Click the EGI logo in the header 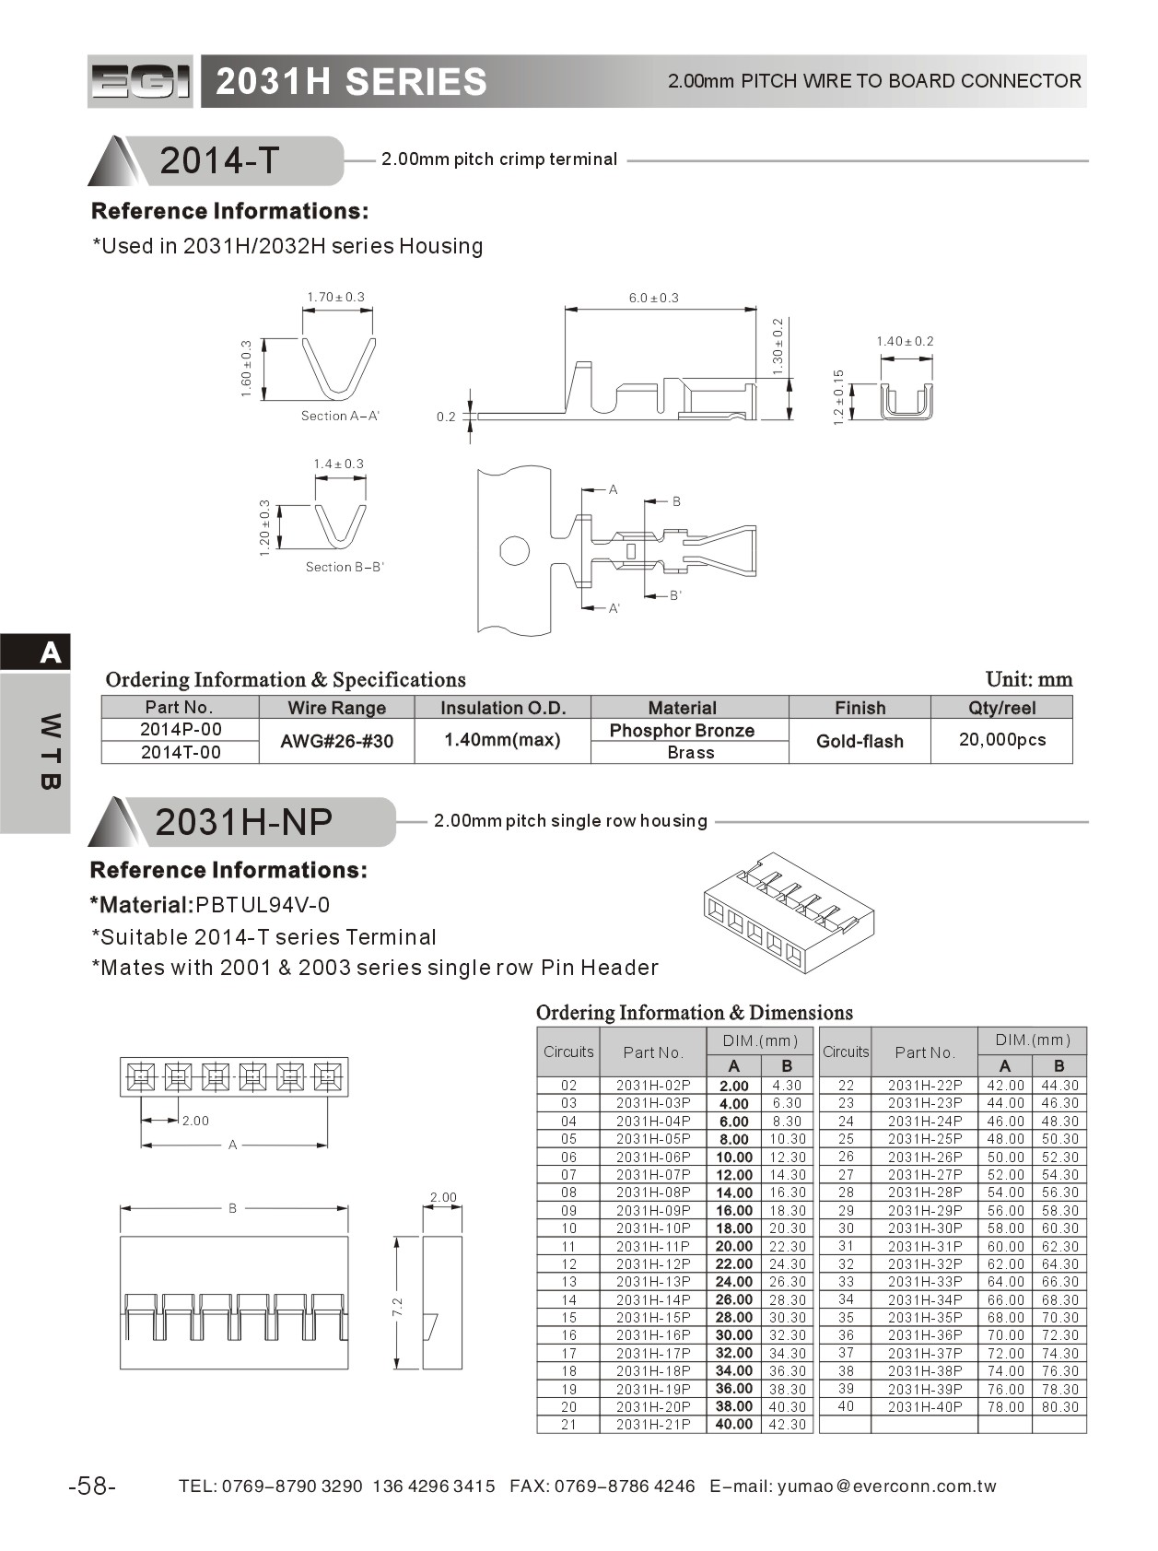coord(140,82)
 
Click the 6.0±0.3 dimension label coord(653,298)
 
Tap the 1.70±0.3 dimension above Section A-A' coord(336,297)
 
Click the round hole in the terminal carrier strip coord(514,551)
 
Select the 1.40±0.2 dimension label coord(905,341)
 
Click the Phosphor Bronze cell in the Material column coord(682,731)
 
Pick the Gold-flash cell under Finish coord(860,741)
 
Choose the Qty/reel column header coord(1001,708)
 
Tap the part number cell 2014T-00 coord(181,752)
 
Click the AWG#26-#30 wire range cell coord(336,741)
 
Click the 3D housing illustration coord(789,912)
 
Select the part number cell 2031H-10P coord(652,1228)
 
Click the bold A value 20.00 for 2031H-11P coord(733,1246)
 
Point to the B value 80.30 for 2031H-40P coord(1059,1407)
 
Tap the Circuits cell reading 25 coord(846,1139)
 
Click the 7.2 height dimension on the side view coord(398,1306)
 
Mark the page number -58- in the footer coord(92,1486)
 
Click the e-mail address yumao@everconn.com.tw coord(886,1486)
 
